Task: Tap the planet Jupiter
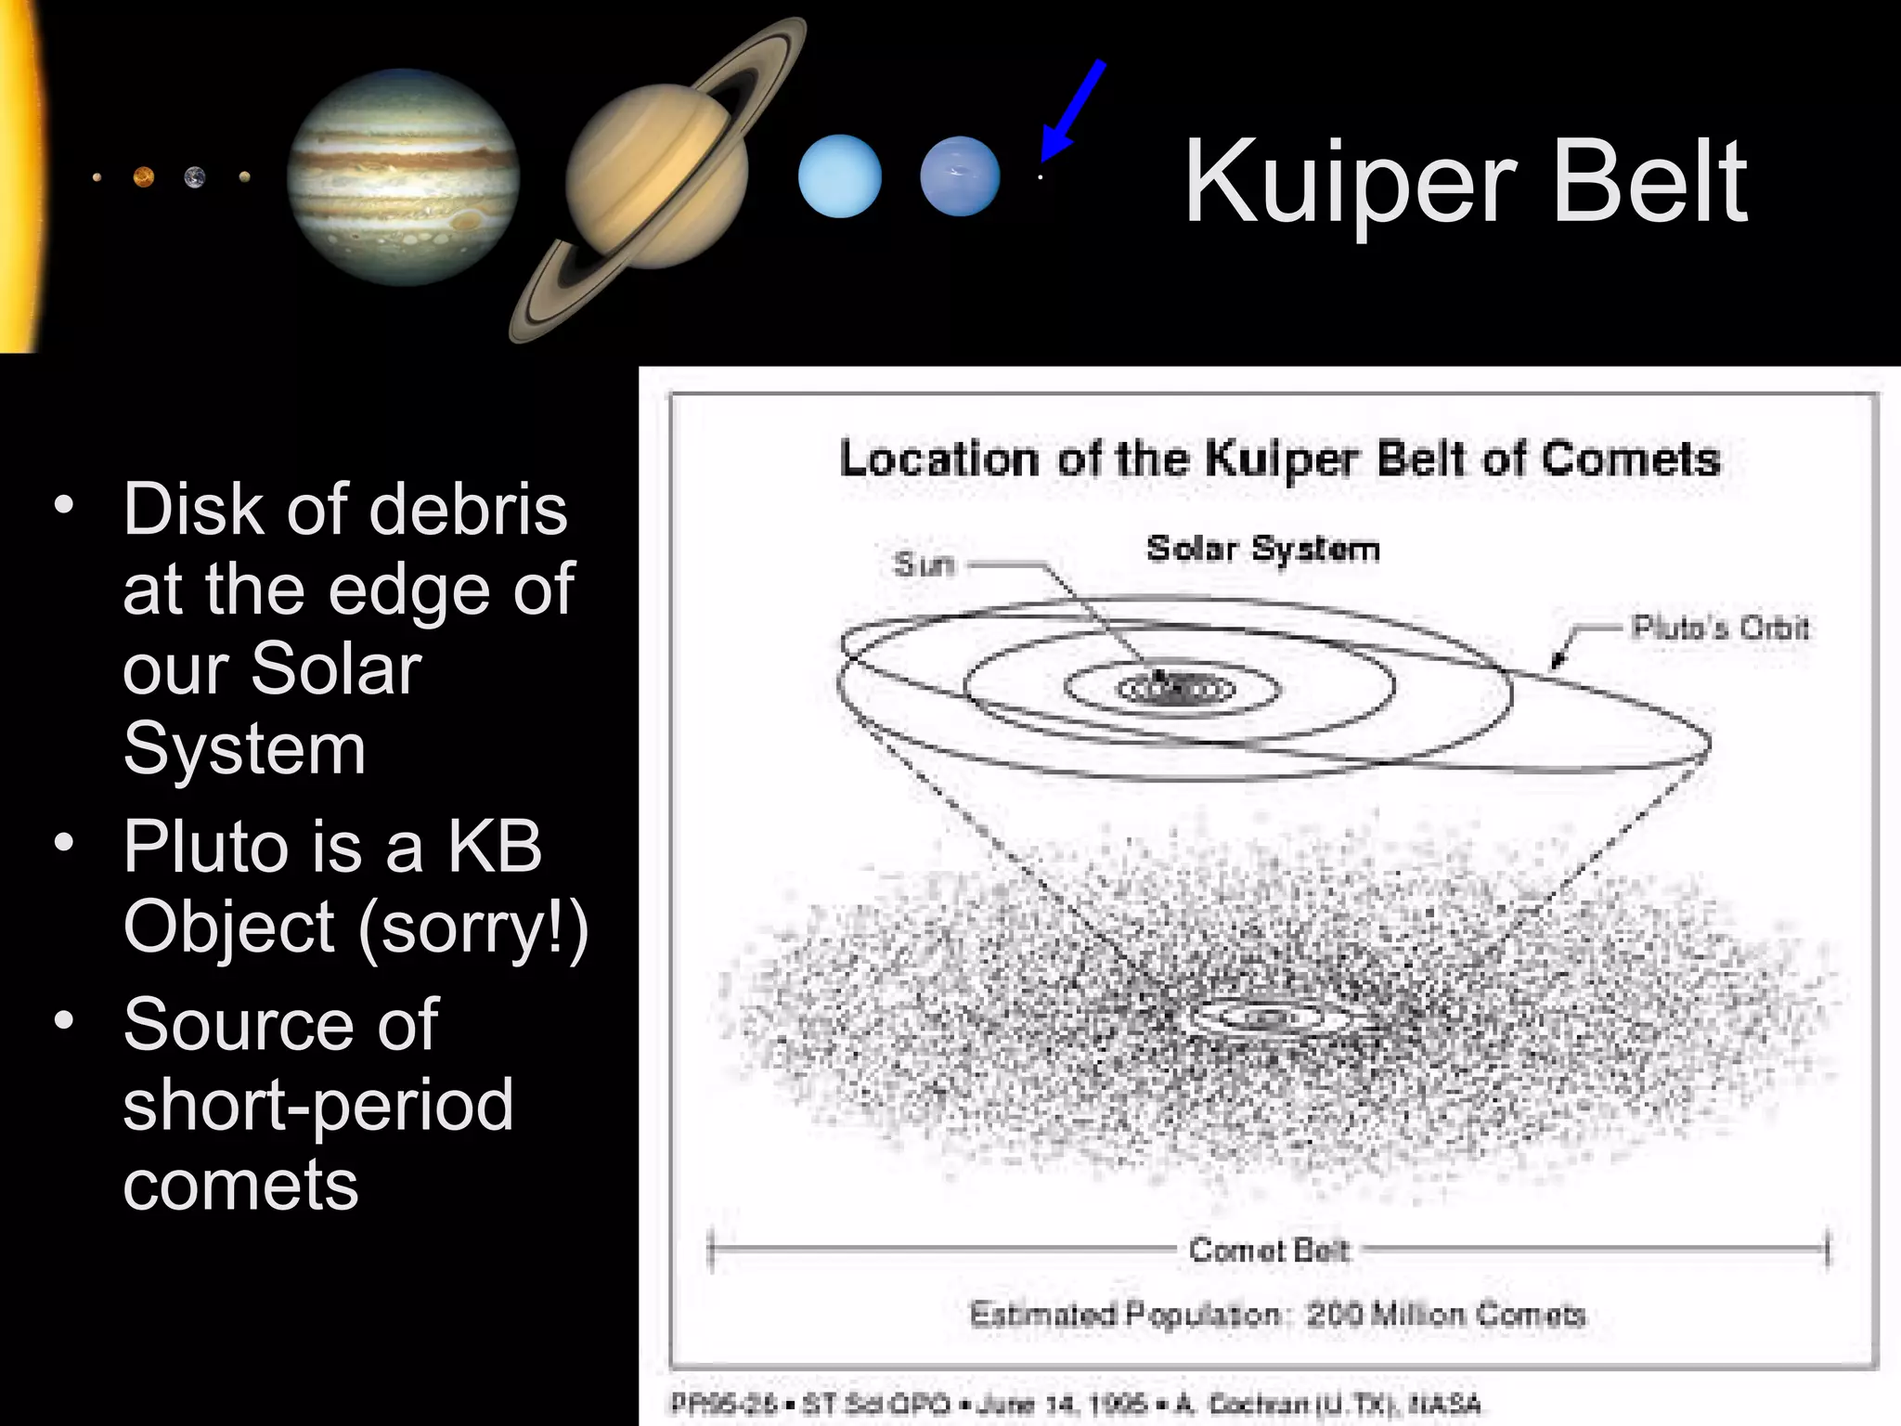(402, 176)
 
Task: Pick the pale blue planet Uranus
(839, 176)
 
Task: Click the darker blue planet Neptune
(960, 176)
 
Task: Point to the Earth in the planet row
(195, 176)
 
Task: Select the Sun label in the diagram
(923, 564)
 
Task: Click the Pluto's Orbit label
(1720, 629)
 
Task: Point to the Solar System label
(1262, 549)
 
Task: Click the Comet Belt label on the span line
(1268, 1251)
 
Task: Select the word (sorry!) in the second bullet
(472, 927)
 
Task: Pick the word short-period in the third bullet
(317, 1105)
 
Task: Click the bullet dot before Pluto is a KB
(63, 843)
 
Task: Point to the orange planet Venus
(144, 176)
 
